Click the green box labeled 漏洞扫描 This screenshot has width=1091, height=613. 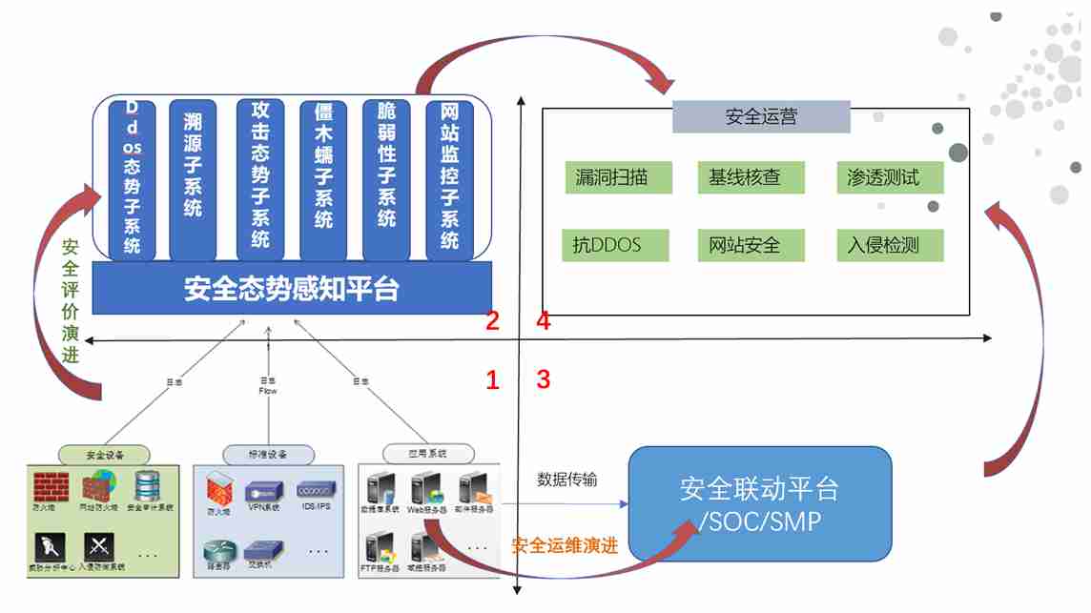click(617, 177)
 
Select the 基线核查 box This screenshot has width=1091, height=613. click(751, 177)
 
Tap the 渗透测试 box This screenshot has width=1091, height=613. click(890, 177)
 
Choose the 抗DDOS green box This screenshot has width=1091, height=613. click(615, 245)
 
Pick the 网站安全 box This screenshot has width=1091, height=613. click(751, 245)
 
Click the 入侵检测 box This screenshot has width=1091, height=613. click(890, 245)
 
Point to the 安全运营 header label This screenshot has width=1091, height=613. click(761, 117)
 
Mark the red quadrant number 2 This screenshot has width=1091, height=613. click(492, 321)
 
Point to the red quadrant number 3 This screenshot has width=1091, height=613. click(544, 379)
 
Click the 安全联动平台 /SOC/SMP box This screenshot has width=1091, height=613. click(760, 504)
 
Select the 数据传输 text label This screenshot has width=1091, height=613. click(567, 479)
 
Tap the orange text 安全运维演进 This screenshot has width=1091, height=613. click(565, 546)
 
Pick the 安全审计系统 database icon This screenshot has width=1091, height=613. click(148, 487)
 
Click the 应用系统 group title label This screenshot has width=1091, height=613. click(415, 453)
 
